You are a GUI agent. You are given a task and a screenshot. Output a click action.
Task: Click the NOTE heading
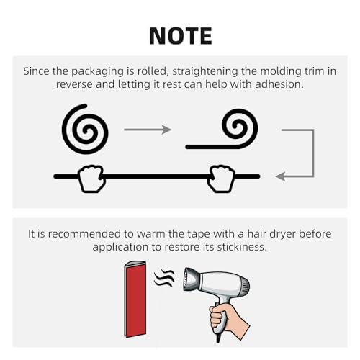pyautogui.click(x=181, y=36)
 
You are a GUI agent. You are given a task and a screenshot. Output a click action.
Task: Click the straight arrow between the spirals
pyautogui.click(x=148, y=130)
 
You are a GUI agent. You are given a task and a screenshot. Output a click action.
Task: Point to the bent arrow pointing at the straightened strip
pyautogui.click(x=313, y=153)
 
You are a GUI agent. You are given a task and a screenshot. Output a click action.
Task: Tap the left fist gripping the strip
pyautogui.click(x=92, y=179)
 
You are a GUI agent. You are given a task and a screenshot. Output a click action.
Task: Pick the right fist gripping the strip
pyautogui.click(x=221, y=179)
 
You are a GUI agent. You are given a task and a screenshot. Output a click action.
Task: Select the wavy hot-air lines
pyautogui.click(x=164, y=278)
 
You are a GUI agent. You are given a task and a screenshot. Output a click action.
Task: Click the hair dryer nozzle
pyautogui.click(x=192, y=279)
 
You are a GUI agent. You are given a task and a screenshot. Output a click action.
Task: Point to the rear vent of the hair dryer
pyautogui.click(x=246, y=289)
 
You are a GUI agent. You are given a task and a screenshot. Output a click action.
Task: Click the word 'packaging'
pyautogui.click(x=97, y=71)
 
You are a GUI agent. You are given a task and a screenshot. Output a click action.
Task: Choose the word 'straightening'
pyautogui.click(x=205, y=71)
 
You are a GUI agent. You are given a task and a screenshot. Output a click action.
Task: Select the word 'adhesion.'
pyautogui.click(x=279, y=84)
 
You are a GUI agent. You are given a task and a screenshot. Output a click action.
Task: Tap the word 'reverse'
pyautogui.click(x=74, y=85)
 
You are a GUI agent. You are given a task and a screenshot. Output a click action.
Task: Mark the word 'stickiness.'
pyautogui.click(x=242, y=247)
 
